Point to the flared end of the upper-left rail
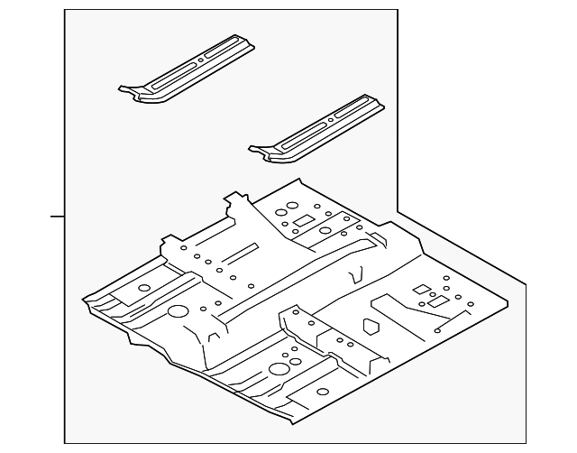[x=132, y=89]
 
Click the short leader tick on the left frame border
[x=57, y=217]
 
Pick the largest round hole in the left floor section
[x=178, y=312]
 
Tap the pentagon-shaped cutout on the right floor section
[x=370, y=324]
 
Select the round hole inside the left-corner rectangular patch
[x=141, y=286]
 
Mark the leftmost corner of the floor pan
[x=83, y=300]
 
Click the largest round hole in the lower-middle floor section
[x=279, y=368]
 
